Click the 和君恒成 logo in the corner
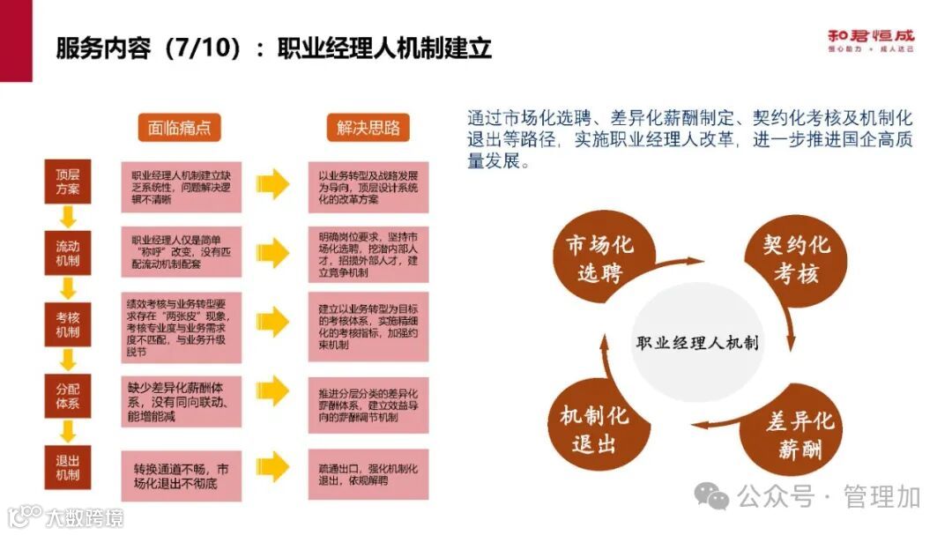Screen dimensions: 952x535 (870, 41)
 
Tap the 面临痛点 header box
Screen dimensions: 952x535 (179, 127)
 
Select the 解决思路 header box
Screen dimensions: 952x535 (368, 127)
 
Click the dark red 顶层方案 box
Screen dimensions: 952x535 (68, 182)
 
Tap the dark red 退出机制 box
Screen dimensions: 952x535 (68, 468)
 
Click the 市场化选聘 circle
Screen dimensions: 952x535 (599, 258)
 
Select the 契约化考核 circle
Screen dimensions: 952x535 (796, 258)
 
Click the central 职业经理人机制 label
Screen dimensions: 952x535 (697, 342)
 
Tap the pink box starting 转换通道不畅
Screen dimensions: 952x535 (181, 476)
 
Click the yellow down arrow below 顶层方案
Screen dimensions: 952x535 (68, 217)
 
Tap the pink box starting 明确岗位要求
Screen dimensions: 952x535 (368, 255)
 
